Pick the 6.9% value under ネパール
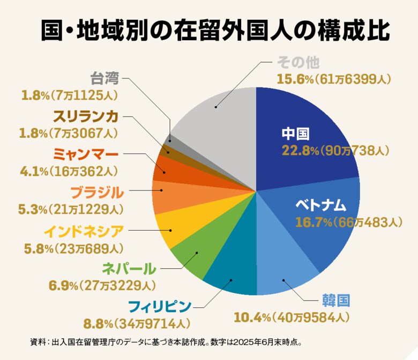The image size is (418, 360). tap(64, 285)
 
